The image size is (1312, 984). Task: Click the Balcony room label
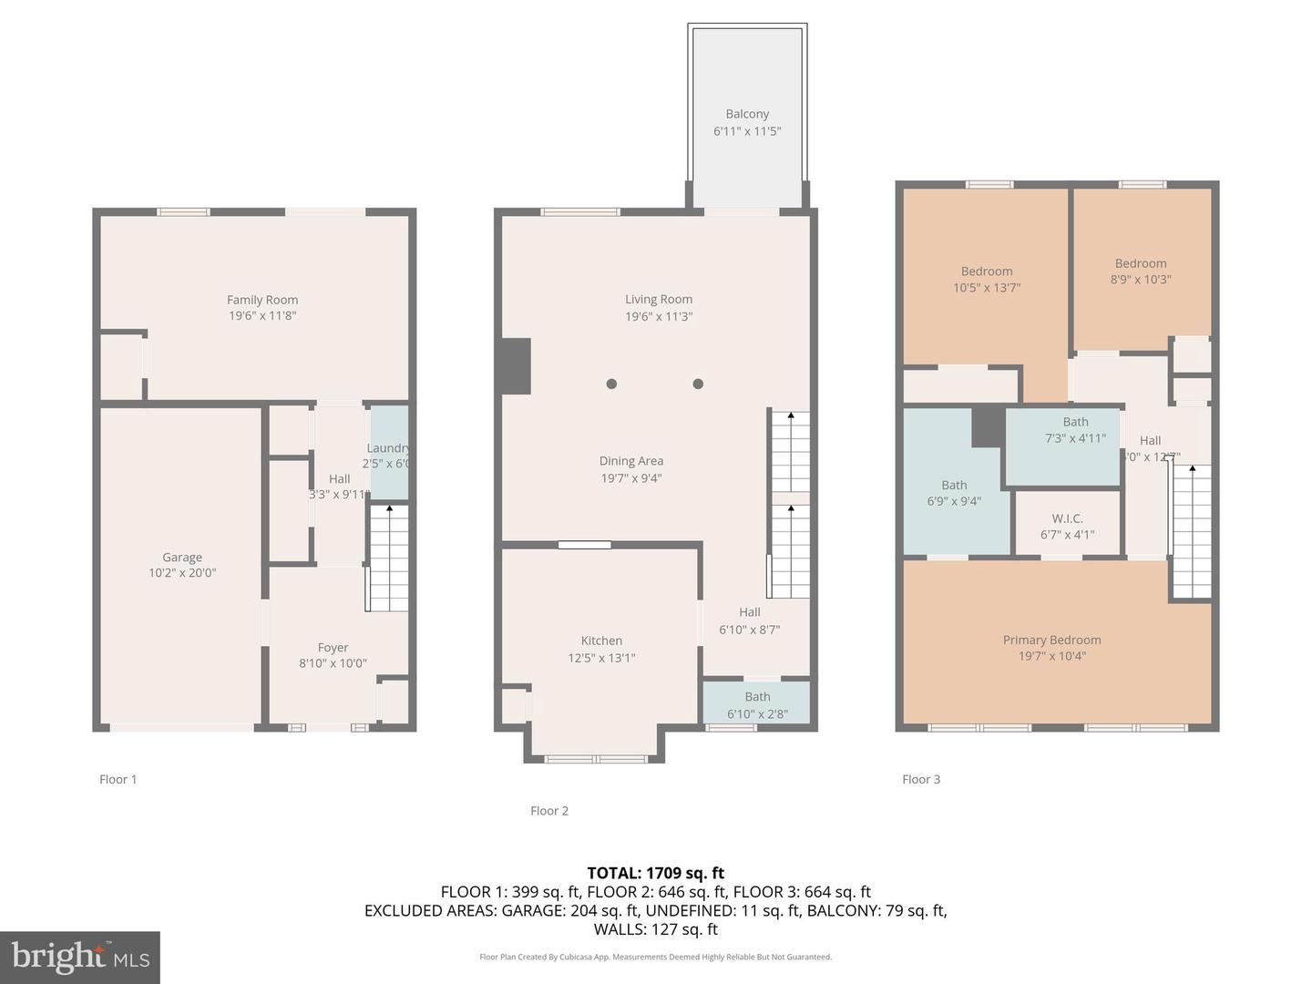tap(747, 114)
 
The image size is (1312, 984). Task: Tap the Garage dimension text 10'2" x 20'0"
tap(182, 573)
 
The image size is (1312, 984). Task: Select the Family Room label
tap(262, 300)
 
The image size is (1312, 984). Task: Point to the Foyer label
tap(333, 648)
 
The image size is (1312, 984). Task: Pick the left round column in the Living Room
tap(611, 384)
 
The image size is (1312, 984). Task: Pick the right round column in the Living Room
tap(698, 384)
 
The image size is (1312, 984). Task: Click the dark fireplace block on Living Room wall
tap(515, 366)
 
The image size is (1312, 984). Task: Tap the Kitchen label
tap(601, 641)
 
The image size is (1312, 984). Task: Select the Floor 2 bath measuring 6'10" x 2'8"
tap(757, 704)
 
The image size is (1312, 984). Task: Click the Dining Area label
tap(630, 461)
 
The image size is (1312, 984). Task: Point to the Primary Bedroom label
tap(1051, 640)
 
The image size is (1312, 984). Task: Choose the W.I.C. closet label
tap(1067, 518)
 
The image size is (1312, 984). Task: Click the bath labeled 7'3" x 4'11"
tap(1075, 430)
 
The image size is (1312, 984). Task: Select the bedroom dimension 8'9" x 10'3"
tap(1141, 280)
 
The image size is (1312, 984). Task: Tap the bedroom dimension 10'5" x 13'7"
tap(987, 288)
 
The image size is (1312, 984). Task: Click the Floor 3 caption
tap(921, 779)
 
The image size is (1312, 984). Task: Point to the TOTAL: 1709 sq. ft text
tap(656, 873)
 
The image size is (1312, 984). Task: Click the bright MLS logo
tap(80, 957)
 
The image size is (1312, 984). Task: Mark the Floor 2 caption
tap(549, 811)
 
